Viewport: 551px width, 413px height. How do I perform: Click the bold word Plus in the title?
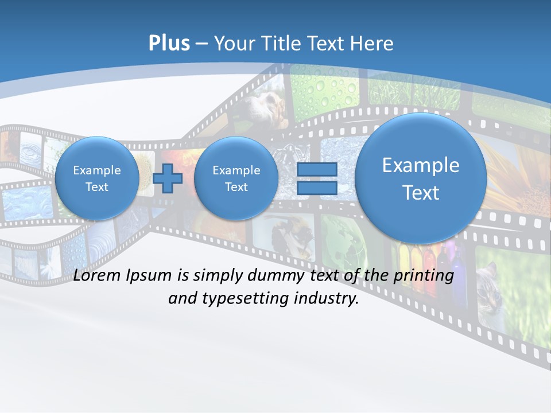[169, 43]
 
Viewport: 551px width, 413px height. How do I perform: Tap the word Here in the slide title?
[373, 44]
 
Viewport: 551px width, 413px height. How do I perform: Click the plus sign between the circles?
[168, 178]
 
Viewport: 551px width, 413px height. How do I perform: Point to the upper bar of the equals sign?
[316, 169]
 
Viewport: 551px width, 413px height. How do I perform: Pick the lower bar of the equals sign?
[316, 188]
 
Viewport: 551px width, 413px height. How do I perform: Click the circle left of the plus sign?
[97, 178]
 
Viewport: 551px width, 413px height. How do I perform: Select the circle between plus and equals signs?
[236, 178]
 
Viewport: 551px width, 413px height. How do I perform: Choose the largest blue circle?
[421, 178]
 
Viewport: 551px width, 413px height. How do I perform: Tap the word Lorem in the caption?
[98, 275]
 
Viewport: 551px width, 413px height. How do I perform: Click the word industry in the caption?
[326, 298]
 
